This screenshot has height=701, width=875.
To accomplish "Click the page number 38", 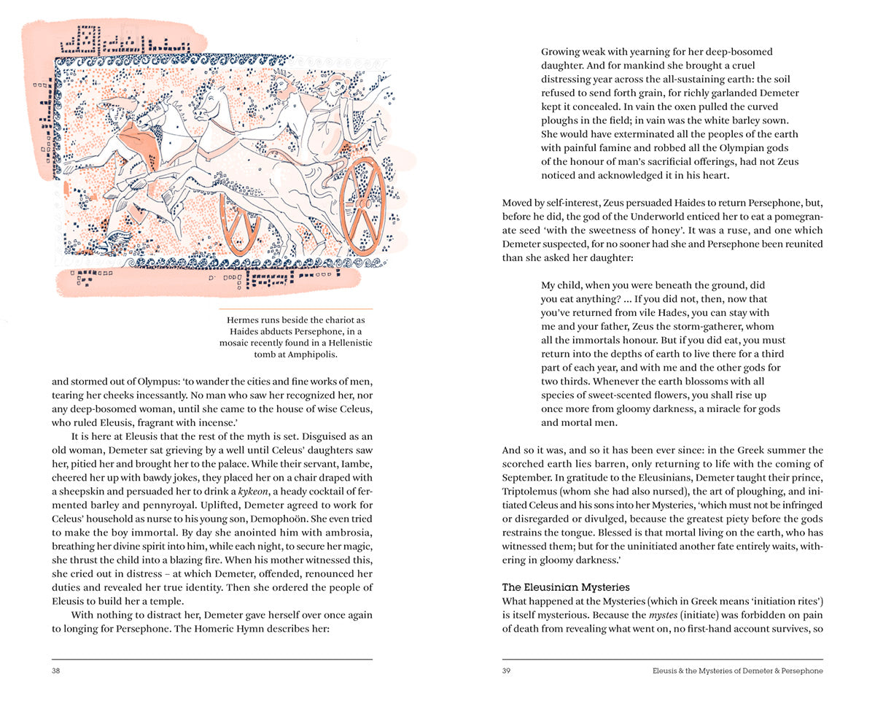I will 56,671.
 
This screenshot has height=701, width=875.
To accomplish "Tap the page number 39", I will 507,671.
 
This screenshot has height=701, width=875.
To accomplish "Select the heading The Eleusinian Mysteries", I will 566,587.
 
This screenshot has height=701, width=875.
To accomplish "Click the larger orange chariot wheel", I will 363,206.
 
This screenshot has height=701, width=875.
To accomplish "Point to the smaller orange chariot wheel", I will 240,223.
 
